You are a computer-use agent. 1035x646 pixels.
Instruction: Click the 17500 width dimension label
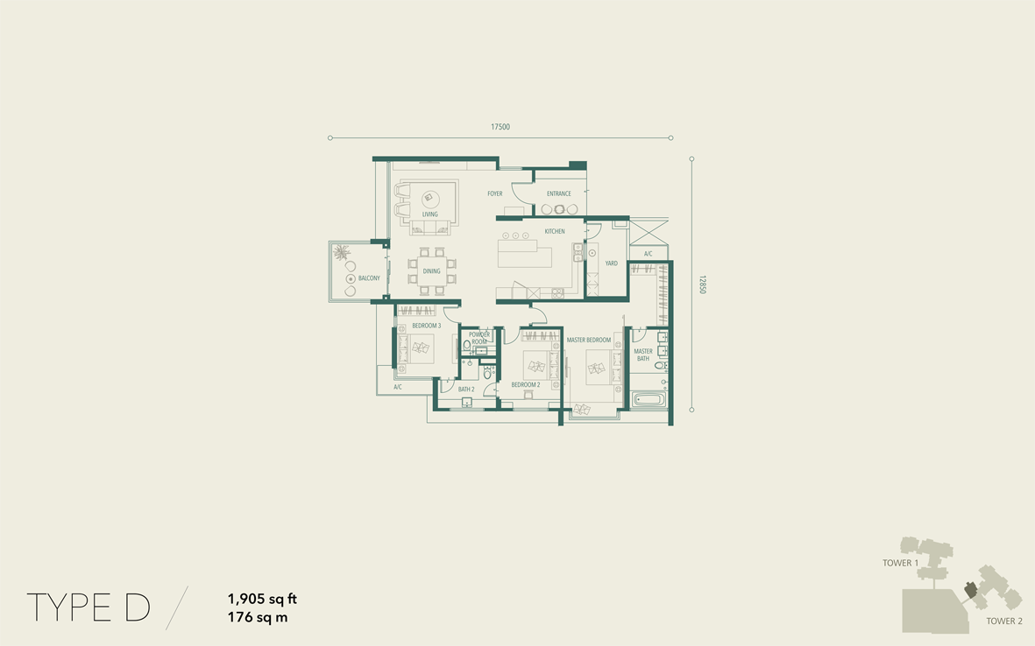[x=500, y=127]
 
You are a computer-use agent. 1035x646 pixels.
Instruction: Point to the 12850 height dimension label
[x=702, y=284]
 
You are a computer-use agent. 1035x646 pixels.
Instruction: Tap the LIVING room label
[x=429, y=214]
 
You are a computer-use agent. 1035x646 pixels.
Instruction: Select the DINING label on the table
[x=432, y=271]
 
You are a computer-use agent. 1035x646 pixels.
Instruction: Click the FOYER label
[x=495, y=193]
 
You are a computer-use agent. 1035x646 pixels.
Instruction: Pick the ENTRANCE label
[x=559, y=193]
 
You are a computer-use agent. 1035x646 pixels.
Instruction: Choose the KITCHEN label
[x=555, y=231]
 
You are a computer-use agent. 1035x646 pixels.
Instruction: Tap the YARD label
[x=611, y=263]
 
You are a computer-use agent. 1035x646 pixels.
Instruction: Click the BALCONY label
[x=369, y=278]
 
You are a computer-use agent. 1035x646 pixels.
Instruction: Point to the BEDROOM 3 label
[x=427, y=326]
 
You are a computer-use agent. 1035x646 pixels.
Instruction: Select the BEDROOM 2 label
[x=526, y=385]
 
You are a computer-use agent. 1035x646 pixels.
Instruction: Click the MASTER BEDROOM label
[x=589, y=341]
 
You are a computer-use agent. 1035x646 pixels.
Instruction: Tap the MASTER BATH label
[x=643, y=355]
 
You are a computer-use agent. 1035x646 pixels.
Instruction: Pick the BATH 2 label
[x=466, y=389]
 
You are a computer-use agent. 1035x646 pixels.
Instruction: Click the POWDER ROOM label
[x=479, y=338]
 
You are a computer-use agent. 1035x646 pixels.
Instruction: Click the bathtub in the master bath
[x=649, y=399]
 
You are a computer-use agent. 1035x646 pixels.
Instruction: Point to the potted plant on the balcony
[x=341, y=252]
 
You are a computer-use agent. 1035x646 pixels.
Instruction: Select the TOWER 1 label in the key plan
[x=900, y=563]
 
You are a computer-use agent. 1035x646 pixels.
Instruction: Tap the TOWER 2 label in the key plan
[x=1004, y=621]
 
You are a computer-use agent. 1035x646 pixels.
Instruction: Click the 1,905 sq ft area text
[x=262, y=600]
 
